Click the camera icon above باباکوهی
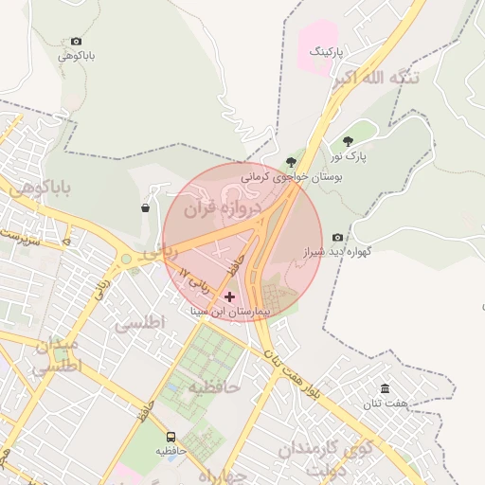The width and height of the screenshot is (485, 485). click(76, 42)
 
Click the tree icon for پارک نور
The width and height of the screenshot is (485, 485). click(349, 140)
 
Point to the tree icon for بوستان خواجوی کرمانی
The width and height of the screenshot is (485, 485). click(291, 162)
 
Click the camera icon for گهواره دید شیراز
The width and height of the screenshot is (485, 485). click(338, 238)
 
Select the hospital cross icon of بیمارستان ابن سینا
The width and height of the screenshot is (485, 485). click(229, 296)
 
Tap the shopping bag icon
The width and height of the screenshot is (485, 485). click(145, 207)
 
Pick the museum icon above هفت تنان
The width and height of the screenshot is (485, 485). click(385, 388)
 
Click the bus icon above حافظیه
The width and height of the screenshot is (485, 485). click(171, 437)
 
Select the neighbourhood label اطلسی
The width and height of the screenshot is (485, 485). click(140, 324)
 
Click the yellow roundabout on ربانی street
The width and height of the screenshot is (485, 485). click(125, 259)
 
